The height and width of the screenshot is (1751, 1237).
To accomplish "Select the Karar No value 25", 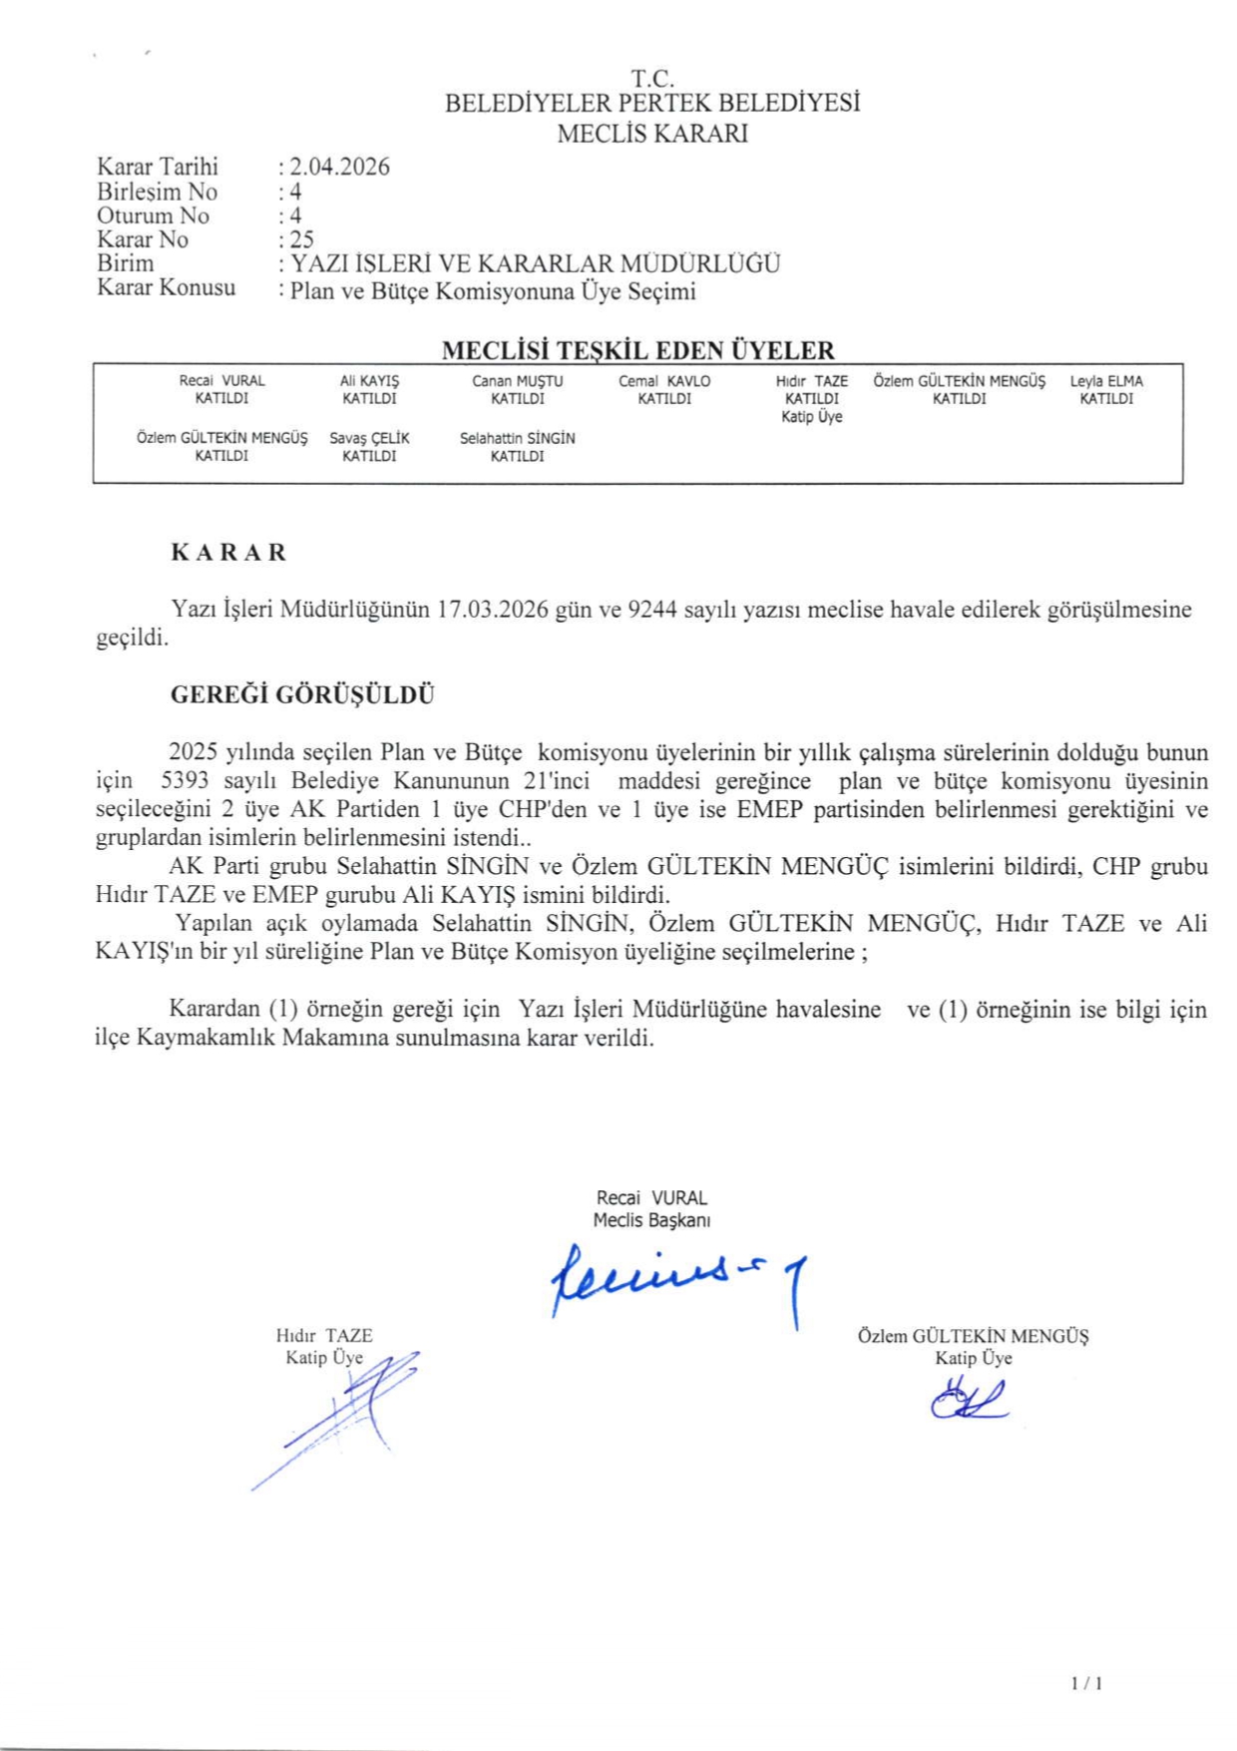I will pyautogui.click(x=301, y=239).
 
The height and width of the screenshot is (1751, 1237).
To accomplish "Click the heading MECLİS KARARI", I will pyautogui.click(x=652, y=134).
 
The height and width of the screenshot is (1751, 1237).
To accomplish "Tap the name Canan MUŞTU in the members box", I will pyautogui.click(x=517, y=381).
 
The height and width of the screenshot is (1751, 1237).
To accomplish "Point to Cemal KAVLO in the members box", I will pyautogui.click(x=664, y=381).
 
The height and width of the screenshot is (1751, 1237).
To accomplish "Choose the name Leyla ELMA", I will pyautogui.click(x=1106, y=381).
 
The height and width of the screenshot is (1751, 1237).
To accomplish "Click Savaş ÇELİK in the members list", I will pyautogui.click(x=369, y=438).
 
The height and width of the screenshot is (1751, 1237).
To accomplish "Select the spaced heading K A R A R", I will pyautogui.click(x=228, y=553).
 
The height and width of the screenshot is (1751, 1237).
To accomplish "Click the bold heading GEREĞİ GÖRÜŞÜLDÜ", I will pyautogui.click(x=302, y=695).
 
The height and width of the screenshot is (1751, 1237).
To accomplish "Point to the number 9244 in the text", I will pyautogui.click(x=652, y=610).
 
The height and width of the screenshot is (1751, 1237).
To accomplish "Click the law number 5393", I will pyautogui.click(x=185, y=780).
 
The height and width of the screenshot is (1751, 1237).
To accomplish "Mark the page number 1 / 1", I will pyautogui.click(x=1086, y=1683).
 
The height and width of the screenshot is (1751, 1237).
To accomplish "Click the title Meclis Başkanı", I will pyautogui.click(x=651, y=1220).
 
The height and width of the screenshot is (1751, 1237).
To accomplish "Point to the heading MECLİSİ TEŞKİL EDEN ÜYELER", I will pyautogui.click(x=637, y=350).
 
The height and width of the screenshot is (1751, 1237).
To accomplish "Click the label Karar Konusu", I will pyautogui.click(x=167, y=288).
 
